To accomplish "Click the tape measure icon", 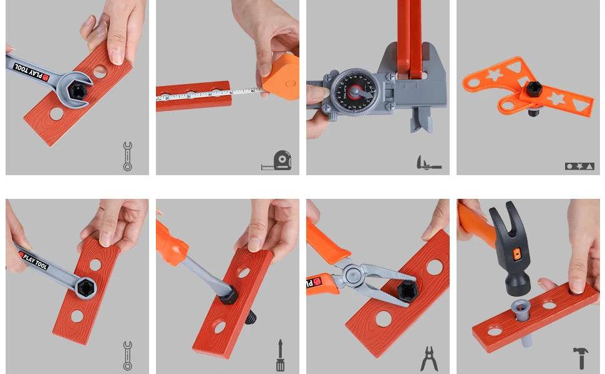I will click(x=278, y=161).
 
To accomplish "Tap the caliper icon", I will click(x=428, y=163).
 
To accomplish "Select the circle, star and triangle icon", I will click(x=578, y=166).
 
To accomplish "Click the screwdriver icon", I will click(x=281, y=355).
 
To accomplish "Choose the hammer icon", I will click(x=581, y=358).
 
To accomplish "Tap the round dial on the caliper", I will click(x=353, y=92).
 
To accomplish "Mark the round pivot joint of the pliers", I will click(x=353, y=273).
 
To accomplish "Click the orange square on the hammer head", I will click(x=515, y=254).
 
